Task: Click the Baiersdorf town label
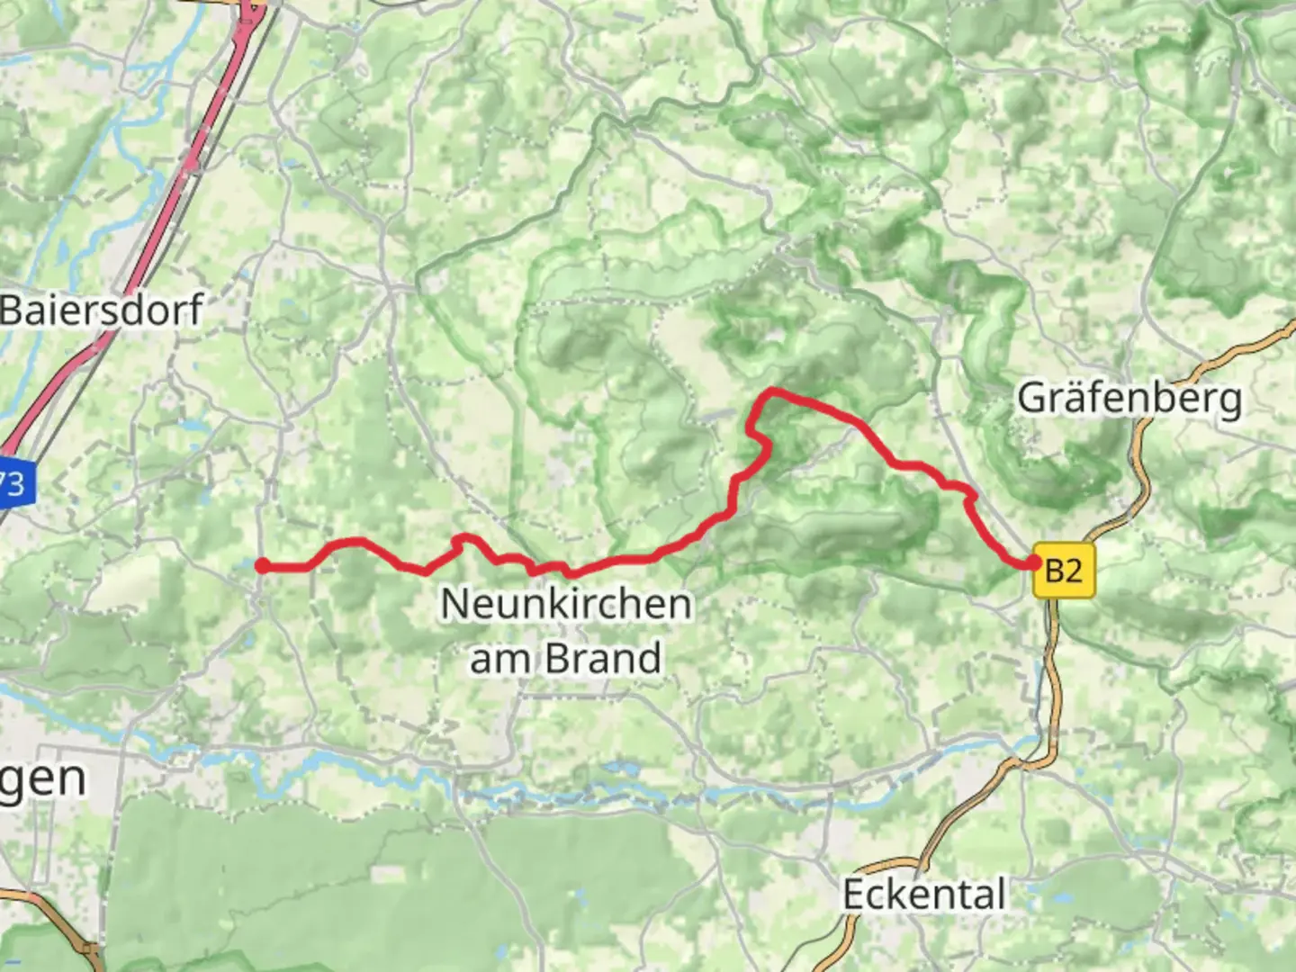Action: click(102, 310)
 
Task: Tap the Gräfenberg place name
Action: click(1129, 398)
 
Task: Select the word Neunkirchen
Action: click(566, 604)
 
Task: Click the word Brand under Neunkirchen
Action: click(604, 658)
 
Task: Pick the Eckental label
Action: click(923, 894)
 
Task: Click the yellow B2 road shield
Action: click(1063, 571)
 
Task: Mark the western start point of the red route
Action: click(262, 565)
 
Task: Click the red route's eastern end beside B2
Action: click(1031, 563)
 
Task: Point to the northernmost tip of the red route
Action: click(771, 391)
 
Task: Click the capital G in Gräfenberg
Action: click(1031, 397)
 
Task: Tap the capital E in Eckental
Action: click(854, 894)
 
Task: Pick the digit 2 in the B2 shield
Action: click(1074, 571)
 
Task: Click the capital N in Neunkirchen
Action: click(454, 604)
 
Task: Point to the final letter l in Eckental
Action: click(1000, 893)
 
